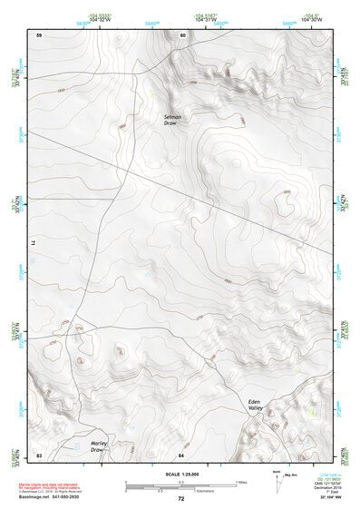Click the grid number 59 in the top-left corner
point(39,34)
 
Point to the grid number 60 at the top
point(182,34)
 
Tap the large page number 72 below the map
point(180,499)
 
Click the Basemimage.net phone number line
point(51,497)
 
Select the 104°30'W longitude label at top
point(312,20)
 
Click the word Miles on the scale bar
point(241,481)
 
